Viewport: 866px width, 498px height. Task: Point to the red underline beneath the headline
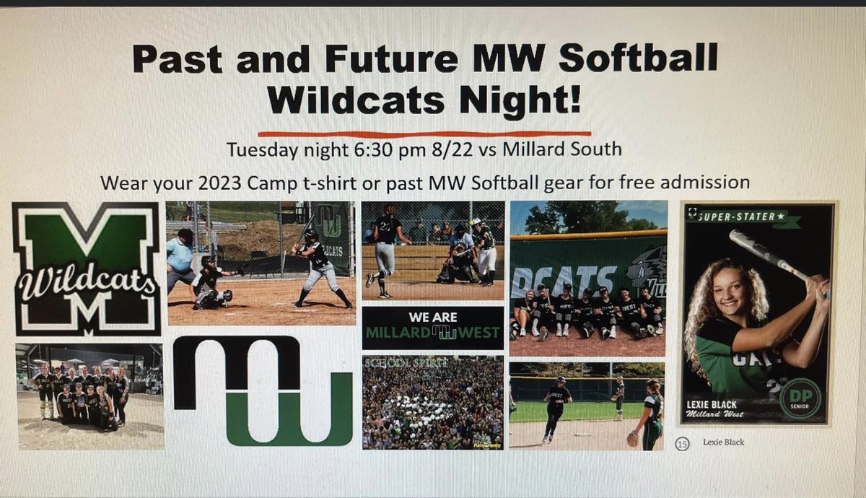point(424,133)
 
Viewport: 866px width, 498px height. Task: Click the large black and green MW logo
point(262,390)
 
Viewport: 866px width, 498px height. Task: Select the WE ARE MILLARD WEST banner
point(432,327)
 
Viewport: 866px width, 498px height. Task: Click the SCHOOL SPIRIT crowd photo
point(432,402)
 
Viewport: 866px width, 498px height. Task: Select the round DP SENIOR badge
point(800,399)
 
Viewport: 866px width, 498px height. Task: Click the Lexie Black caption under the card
point(723,442)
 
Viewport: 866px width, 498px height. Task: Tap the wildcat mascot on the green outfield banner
point(645,274)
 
